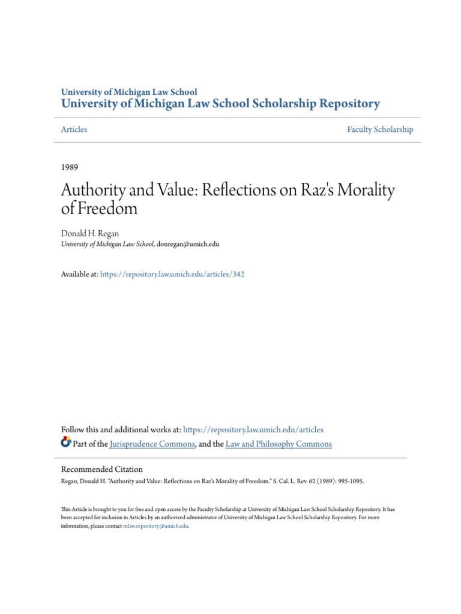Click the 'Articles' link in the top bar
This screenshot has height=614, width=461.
pyautogui.click(x=74, y=130)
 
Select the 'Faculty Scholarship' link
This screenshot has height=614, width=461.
pyautogui.click(x=380, y=130)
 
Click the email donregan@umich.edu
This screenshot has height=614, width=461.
pyautogui.click(x=188, y=244)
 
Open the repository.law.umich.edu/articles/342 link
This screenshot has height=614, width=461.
pyautogui.click(x=173, y=274)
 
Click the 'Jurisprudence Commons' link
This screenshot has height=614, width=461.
pyautogui.click(x=153, y=444)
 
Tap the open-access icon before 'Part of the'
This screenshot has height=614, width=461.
pyautogui.click(x=66, y=443)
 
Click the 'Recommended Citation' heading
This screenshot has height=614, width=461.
pyautogui.click(x=102, y=469)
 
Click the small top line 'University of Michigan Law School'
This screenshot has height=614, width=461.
pyautogui.click(x=129, y=92)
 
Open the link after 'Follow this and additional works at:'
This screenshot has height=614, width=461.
pyautogui.click(x=253, y=429)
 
